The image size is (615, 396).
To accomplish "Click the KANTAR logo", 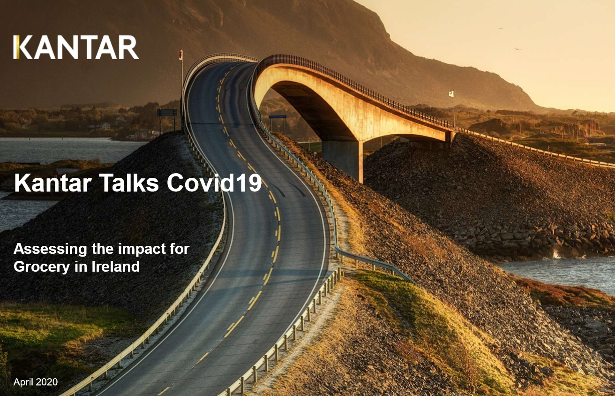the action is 76,47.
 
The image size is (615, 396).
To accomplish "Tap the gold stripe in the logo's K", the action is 16,47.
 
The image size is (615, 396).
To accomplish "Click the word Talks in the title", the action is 129,183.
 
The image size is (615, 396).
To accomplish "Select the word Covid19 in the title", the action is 214,183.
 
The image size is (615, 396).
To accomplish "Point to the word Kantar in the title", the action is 52,183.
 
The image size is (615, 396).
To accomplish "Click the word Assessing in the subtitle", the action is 50,250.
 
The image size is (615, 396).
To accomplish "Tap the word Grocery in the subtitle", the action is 42,267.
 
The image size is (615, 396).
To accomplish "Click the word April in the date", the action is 23,382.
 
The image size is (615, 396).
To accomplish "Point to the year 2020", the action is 47,382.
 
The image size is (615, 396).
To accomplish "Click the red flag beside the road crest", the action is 180,54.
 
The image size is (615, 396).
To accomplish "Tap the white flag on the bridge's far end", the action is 451,94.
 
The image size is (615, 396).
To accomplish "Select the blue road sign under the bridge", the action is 277,117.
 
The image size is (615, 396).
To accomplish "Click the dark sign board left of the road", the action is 167,113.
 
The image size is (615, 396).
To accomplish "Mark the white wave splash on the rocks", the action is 556,255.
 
